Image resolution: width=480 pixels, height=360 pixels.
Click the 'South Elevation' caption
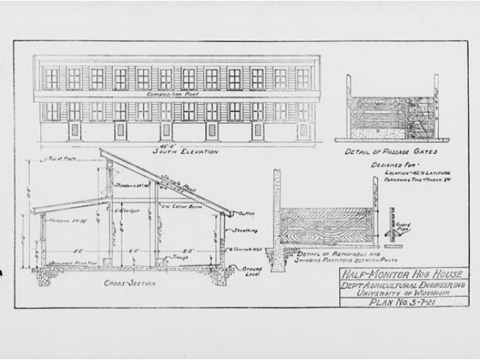(x=184, y=151)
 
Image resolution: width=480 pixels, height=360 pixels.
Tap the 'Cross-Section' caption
(x=130, y=283)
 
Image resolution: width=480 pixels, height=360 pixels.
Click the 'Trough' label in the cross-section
(x=179, y=256)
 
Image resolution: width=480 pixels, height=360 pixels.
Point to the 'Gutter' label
(x=243, y=214)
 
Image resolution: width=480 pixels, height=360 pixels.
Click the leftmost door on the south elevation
(x=74, y=131)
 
